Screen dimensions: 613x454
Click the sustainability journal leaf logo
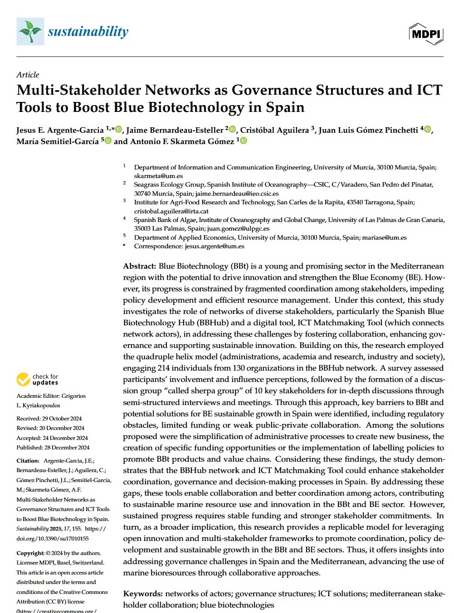(30, 31)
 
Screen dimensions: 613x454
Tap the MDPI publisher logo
(425, 33)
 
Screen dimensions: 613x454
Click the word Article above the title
(28, 75)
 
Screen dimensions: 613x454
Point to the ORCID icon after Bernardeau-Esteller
(232, 130)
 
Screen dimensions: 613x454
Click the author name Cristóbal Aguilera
(274, 130)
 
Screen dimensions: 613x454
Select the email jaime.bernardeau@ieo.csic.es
(237, 193)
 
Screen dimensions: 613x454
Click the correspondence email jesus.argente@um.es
(214, 246)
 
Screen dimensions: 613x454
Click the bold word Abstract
(139, 266)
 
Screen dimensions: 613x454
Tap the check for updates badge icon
(23, 379)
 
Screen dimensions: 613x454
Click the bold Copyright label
(30, 553)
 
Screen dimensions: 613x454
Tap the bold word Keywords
(142, 594)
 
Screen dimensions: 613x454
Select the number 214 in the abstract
(164, 368)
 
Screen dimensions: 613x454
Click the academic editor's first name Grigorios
(74, 396)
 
